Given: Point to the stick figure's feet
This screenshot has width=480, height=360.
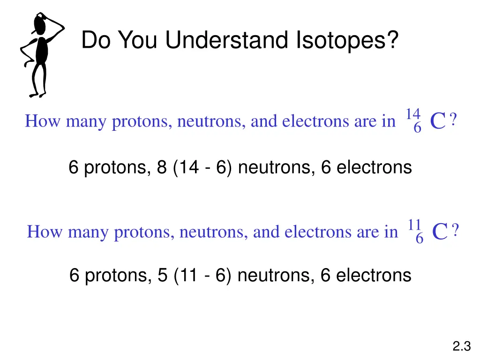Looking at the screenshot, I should tap(37, 94).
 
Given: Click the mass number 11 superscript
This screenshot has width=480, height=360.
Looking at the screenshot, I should tap(415, 225).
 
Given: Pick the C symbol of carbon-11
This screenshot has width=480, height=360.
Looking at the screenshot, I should tap(440, 232).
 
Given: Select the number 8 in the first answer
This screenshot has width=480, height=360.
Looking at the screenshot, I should tap(162, 167).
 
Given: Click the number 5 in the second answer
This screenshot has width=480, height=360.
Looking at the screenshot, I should tap(162, 275).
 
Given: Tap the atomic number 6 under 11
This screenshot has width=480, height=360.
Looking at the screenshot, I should tap(420, 239).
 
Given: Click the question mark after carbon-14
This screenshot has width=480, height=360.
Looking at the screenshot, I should tap(453, 121).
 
